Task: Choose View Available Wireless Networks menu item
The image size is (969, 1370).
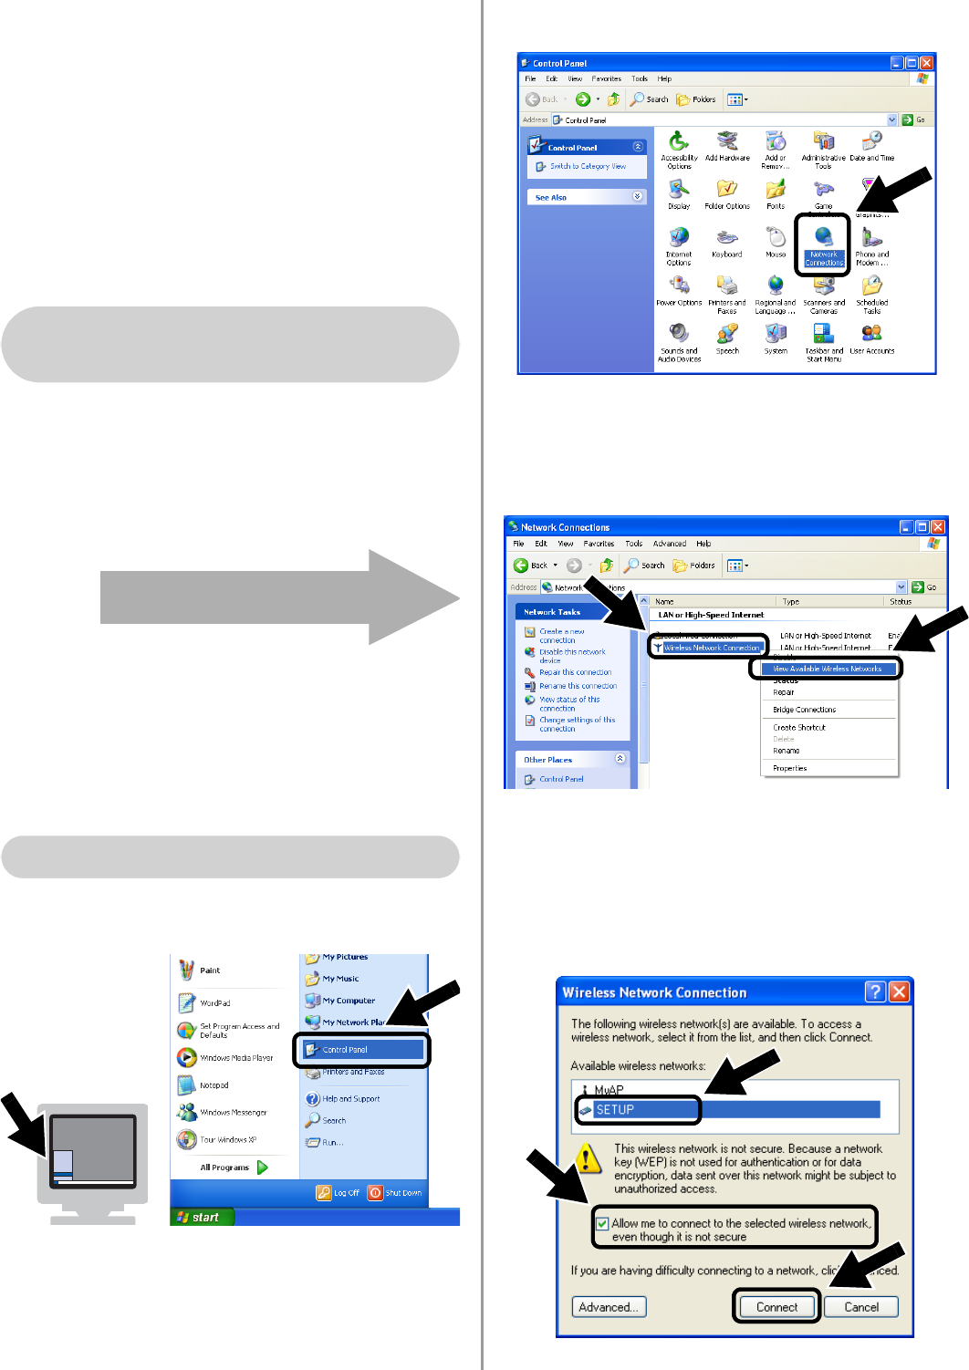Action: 827,669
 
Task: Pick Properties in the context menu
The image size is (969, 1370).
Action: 790,768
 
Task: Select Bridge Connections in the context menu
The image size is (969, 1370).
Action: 804,710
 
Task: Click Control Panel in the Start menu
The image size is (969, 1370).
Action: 345,1050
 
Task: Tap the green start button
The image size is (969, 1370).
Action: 202,1217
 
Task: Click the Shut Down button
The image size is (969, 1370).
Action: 396,1193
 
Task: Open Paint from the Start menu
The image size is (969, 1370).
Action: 209,970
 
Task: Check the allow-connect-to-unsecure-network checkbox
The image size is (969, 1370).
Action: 602,1224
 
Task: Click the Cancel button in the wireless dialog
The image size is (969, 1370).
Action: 860,1307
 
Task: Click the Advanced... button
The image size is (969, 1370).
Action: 609,1307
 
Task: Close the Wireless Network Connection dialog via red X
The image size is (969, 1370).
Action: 899,992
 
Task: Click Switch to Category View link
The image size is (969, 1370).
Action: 588,167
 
